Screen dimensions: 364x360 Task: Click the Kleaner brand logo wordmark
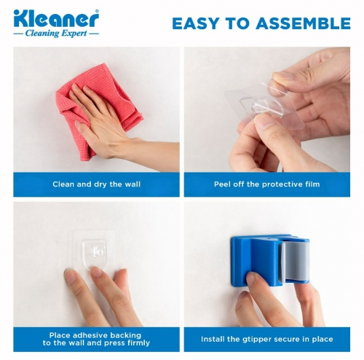pos(56,19)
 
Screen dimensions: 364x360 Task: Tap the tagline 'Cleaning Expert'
pos(56,33)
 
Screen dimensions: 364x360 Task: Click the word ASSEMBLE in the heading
pos(303,23)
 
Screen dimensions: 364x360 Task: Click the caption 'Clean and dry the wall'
pos(96,184)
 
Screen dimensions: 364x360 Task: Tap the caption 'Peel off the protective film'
pos(267,184)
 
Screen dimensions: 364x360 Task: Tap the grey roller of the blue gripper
pos(296,261)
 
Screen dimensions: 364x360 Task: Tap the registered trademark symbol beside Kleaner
pos(97,11)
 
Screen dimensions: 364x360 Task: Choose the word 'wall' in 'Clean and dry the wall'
pos(132,184)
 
